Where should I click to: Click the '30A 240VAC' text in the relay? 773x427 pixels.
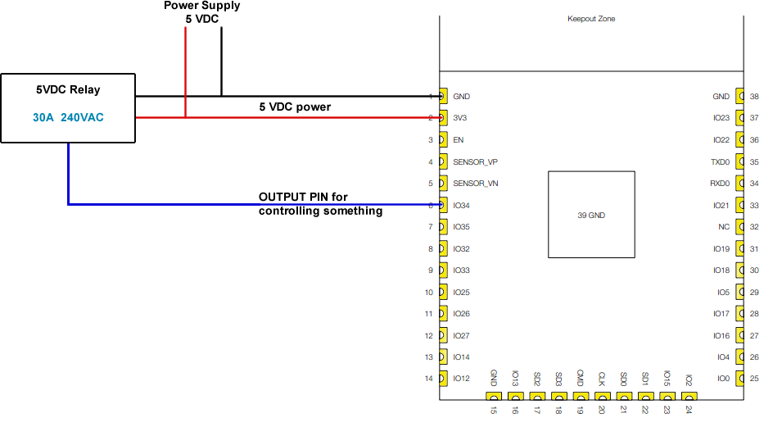pyautogui.click(x=68, y=118)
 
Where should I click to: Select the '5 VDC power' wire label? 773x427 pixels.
pyautogui.click(x=295, y=107)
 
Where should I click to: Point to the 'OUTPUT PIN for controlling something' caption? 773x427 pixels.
pyautogui.click(x=321, y=204)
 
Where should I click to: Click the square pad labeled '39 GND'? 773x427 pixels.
pyautogui.click(x=590, y=215)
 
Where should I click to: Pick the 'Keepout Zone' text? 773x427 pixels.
pyautogui.click(x=590, y=19)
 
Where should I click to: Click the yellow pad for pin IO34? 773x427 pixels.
pyautogui.click(x=443, y=205)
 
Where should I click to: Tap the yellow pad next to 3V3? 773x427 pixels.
pyautogui.click(x=443, y=118)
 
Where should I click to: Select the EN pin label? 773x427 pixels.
pyautogui.click(x=458, y=140)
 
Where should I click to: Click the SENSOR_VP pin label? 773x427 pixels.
pyautogui.click(x=475, y=161)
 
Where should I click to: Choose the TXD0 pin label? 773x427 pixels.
pyautogui.click(x=720, y=161)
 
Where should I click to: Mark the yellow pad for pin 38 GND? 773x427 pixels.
pyautogui.click(x=741, y=97)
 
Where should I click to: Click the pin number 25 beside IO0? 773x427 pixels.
pyautogui.click(x=754, y=379)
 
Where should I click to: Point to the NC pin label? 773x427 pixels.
pyautogui.click(x=724, y=227)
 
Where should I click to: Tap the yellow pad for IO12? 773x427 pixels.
pyautogui.click(x=443, y=379)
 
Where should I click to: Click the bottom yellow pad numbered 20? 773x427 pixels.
pyautogui.click(x=601, y=396)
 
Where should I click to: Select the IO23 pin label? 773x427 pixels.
pyautogui.click(x=721, y=118)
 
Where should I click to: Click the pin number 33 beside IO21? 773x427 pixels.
pyautogui.click(x=754, y=205)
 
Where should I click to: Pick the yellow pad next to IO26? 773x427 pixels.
pyautogui.click(x=443, y=314)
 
